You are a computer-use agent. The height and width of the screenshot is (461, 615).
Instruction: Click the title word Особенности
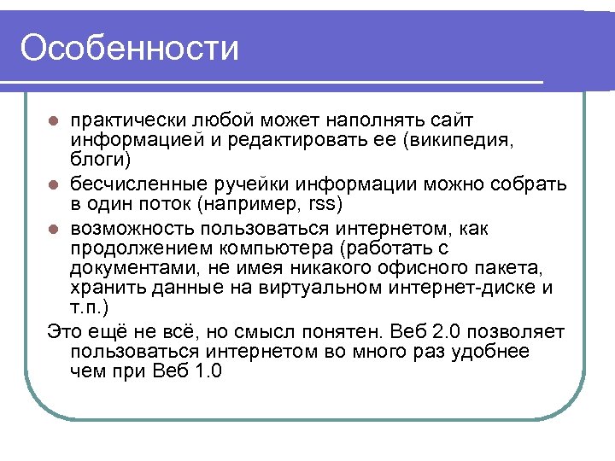[129, 48]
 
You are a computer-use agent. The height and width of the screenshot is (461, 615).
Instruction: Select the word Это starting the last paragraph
[66, 330]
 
